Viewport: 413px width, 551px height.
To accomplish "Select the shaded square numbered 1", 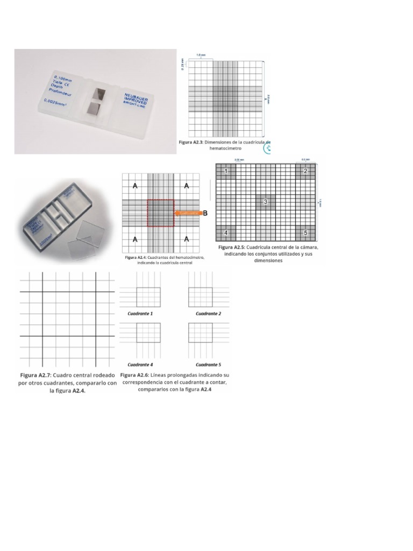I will [226, 171].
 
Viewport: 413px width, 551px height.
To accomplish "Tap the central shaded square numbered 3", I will [265, 202].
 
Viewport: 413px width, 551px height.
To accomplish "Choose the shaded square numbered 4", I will [226, 232].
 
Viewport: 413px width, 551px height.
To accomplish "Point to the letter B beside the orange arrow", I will [204, 214].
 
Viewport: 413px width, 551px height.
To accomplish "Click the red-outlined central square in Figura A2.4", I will [160, 213].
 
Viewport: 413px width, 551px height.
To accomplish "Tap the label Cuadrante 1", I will [140, 313].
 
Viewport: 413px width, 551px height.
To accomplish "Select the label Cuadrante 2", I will [208, 313].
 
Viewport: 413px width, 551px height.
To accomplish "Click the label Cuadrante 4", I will [140, 364].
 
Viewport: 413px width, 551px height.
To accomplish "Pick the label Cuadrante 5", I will [208, 364].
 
